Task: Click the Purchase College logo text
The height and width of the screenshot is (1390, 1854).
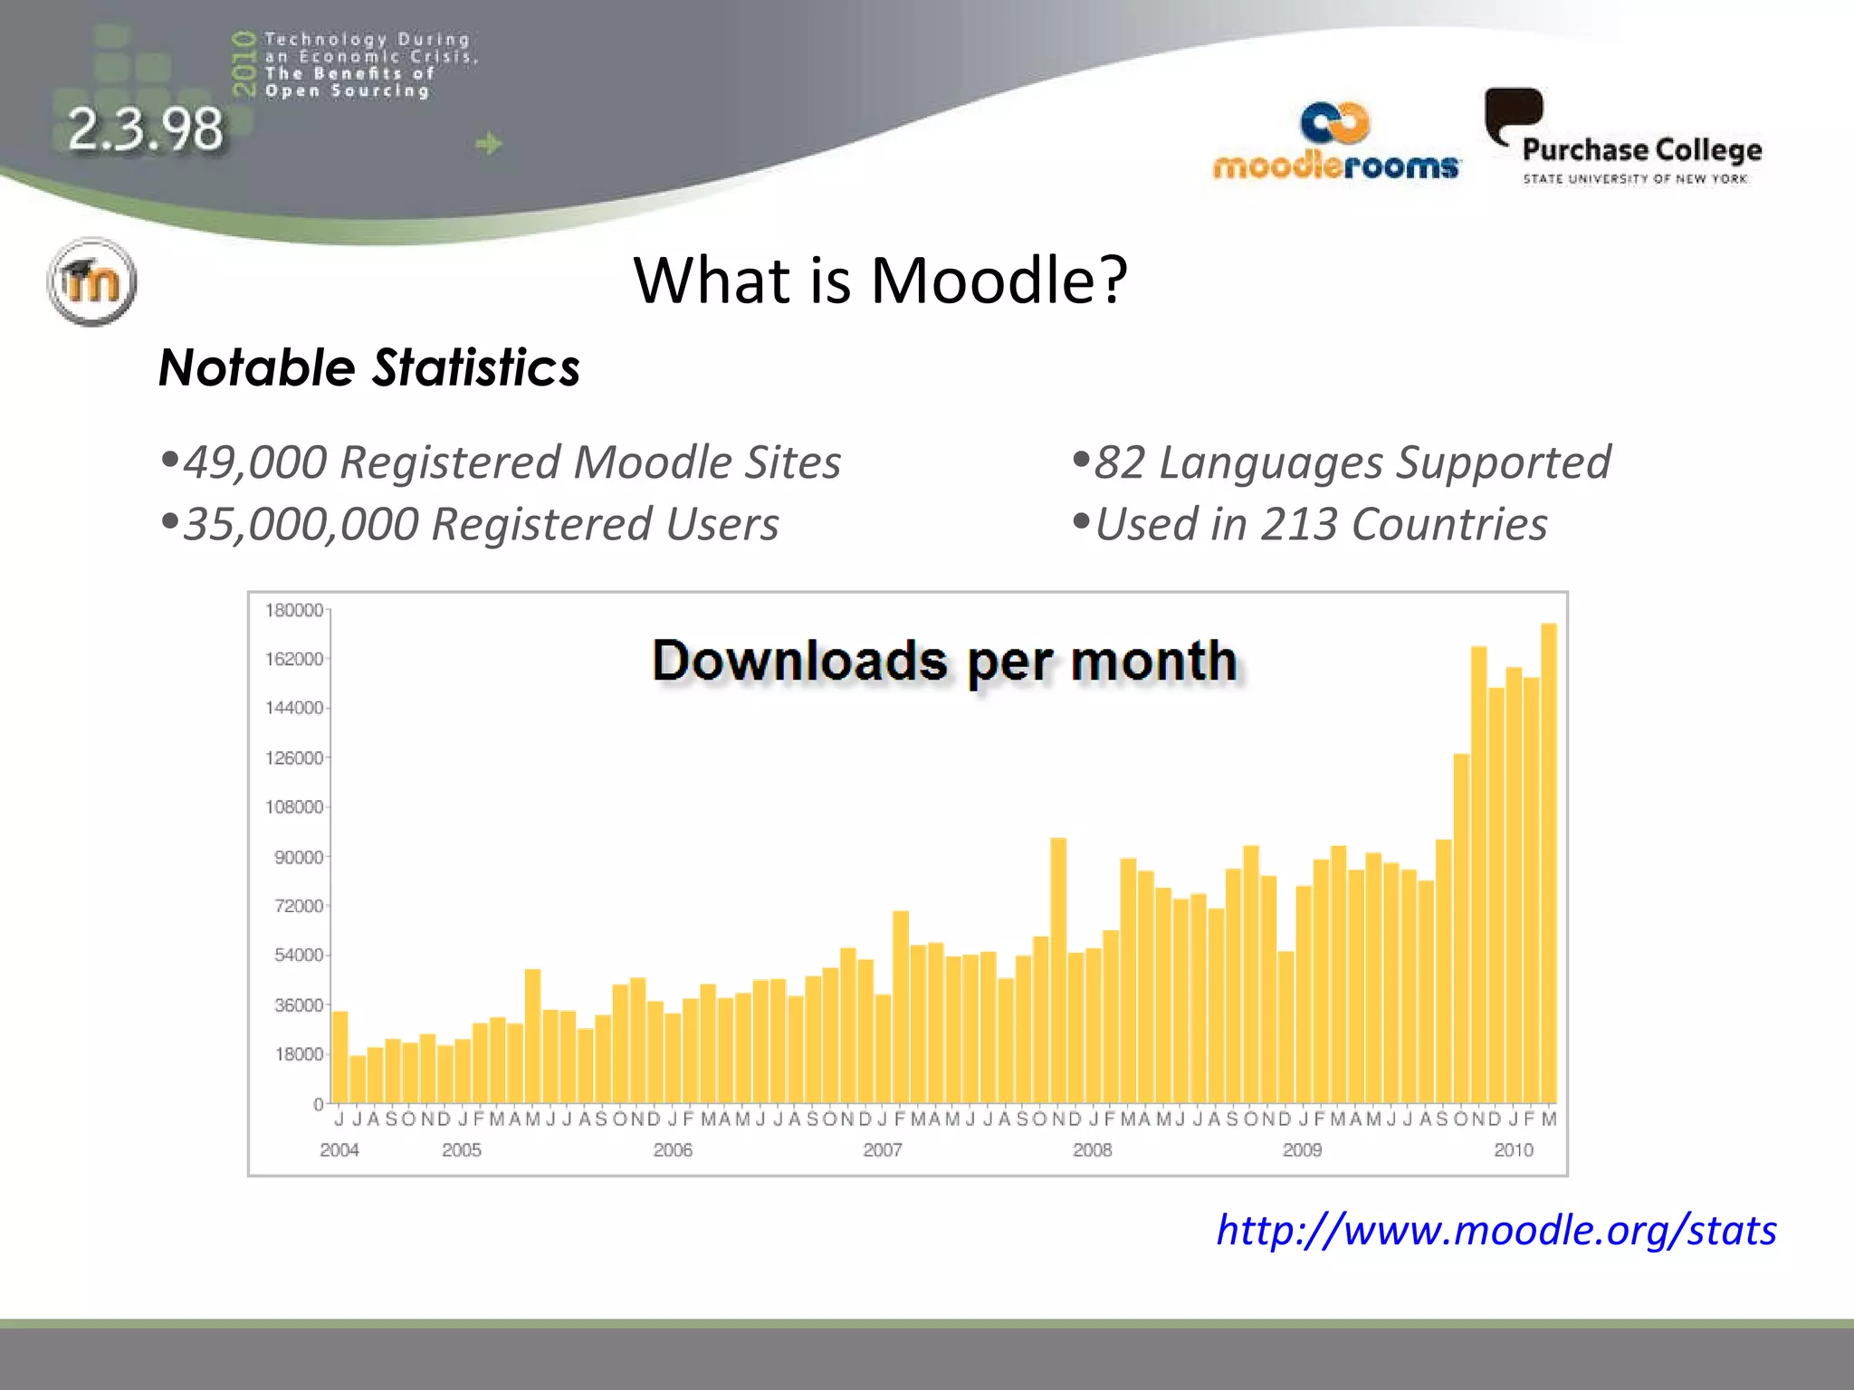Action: (1641, 150)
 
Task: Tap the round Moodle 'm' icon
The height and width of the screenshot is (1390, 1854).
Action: (91, 281)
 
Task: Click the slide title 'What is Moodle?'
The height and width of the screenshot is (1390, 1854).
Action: (880, 280)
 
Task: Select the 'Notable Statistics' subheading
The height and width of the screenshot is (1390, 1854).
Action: (369, 368)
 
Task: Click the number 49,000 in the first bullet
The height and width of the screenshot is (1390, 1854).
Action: (254, 462)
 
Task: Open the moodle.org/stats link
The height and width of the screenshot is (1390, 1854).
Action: (1496, 1230)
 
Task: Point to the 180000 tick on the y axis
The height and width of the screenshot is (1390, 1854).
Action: (293, 610)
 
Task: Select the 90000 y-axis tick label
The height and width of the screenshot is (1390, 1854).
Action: (299, 857)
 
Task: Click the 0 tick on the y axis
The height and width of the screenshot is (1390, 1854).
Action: (318, 1104)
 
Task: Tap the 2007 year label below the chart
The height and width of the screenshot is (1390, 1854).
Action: (882, 1149)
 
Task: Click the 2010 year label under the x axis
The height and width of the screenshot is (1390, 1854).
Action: (1513, 1149)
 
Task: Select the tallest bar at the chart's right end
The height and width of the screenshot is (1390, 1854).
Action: (1549, 860)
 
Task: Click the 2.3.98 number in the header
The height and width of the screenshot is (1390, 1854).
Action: (145, 129)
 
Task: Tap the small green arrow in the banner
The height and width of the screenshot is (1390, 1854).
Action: (488, 143)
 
